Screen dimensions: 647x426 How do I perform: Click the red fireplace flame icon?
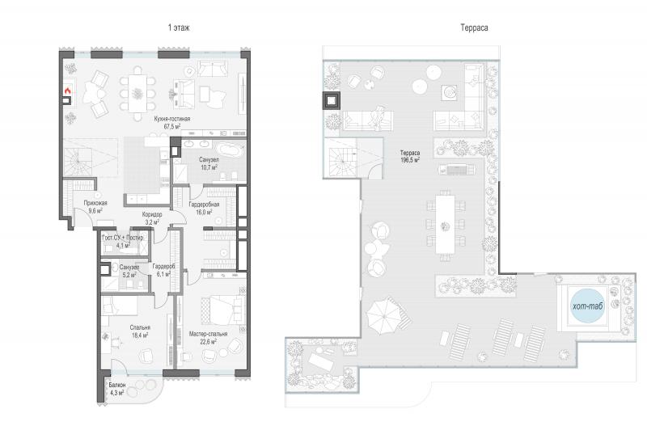click(68, 90)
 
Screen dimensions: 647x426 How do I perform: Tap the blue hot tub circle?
click(588, 306)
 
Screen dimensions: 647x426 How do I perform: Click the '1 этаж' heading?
click(179, 27)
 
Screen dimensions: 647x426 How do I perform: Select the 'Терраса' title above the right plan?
click(474, 27)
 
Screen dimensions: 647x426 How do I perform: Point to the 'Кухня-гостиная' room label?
click(172, 119)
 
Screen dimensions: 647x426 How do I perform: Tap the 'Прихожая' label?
click(95, 203)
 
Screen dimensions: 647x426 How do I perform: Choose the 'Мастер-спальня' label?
click(208, 334)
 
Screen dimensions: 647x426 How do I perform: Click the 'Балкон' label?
click(117, 385)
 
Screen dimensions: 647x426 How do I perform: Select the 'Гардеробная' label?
click(205, 205)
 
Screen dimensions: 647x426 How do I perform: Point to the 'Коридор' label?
click(152, 214)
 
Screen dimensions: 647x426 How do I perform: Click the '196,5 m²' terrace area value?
click(410, 160)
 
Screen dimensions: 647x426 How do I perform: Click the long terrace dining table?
click(446, 224)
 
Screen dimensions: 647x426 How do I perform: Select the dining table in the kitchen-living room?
click(137, 93)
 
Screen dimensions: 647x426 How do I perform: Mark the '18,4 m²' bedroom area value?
click(140, 335)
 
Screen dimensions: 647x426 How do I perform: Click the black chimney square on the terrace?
click(332, 100)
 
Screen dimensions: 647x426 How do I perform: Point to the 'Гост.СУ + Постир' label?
click(123, 238)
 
